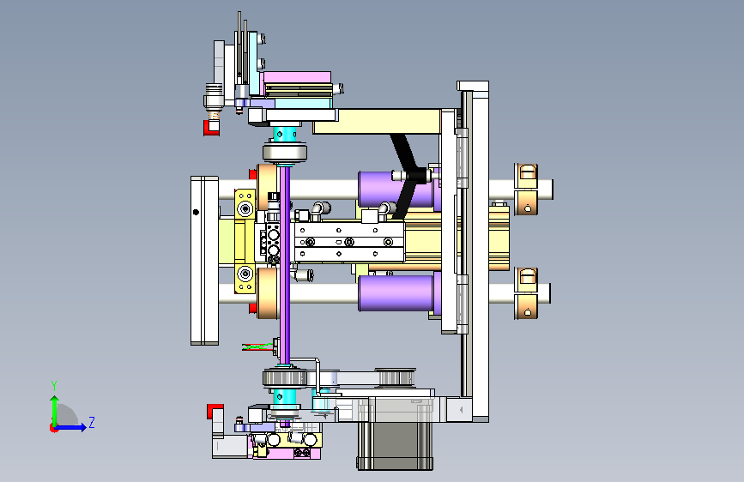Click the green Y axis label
54,386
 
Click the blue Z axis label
92,422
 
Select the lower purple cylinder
397,292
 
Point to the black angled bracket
407,176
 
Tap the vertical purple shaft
285,264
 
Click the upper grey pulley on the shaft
285,153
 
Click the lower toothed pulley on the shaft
285,378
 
